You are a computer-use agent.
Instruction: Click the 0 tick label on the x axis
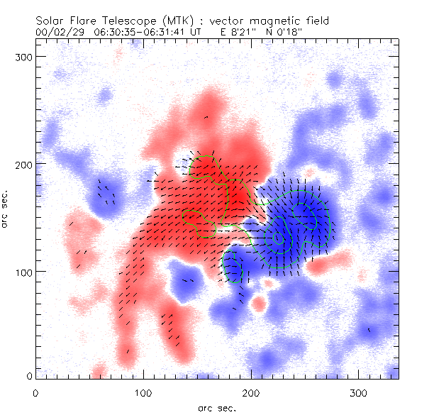point(35,392)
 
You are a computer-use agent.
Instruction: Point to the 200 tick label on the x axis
point(250,392)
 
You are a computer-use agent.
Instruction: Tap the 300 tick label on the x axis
point(358,392)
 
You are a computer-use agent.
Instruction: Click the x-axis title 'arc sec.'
point(216,407)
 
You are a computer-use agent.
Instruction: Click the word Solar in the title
point(49,21)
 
